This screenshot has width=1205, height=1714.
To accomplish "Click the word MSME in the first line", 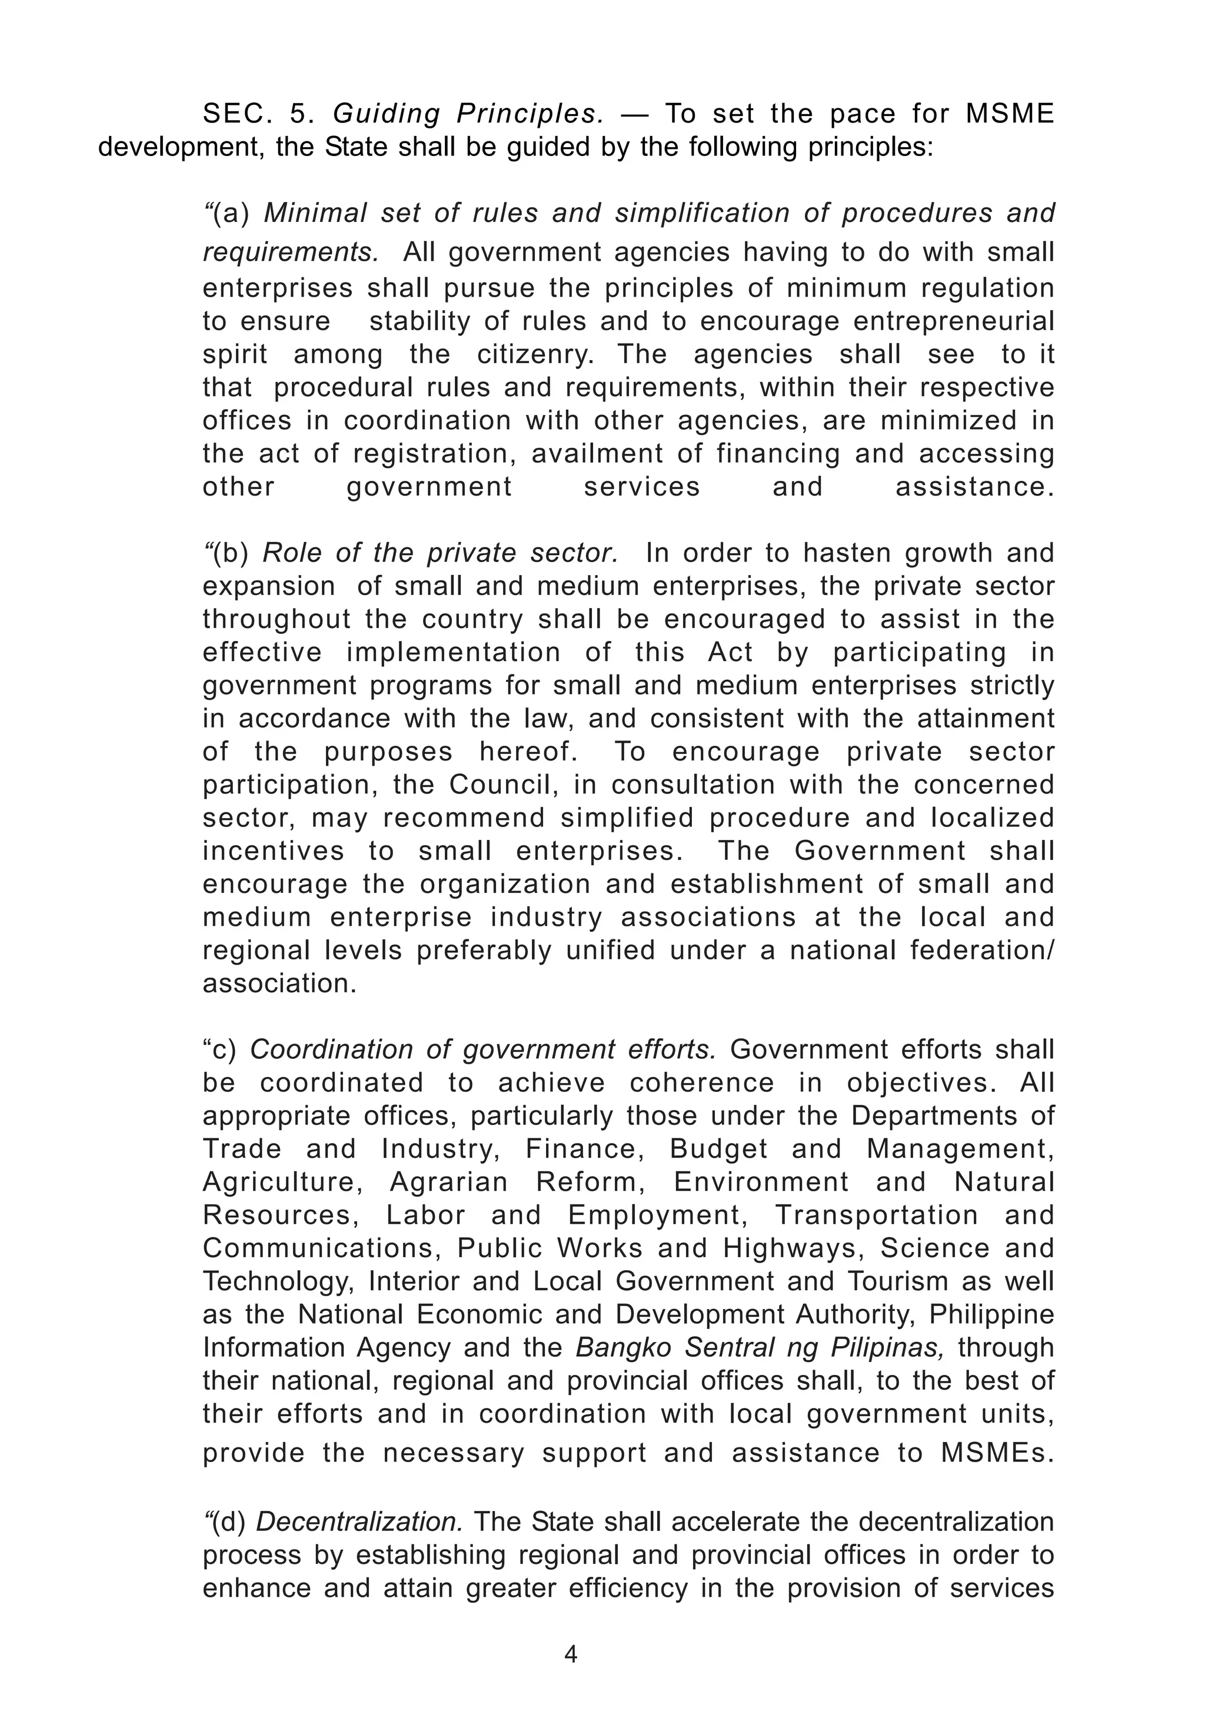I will click(1010, 114).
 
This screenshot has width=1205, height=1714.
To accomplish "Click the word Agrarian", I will click(448, 1182).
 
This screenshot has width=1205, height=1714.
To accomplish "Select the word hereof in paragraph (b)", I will click(528, 752).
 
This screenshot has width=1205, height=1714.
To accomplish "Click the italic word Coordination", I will click(331, 1049).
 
